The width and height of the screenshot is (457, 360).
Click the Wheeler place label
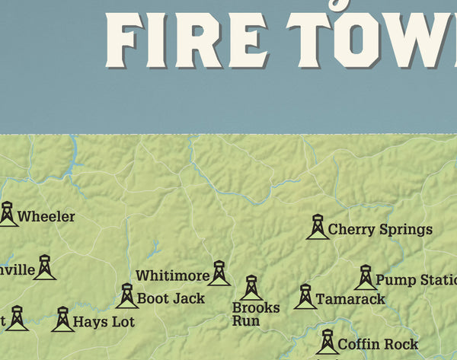(x=46, y=217)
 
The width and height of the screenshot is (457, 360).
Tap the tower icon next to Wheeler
(x=8, y=214)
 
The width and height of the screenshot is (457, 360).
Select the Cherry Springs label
(x=380, y=229)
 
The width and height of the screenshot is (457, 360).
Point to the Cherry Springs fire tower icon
(x=317, y=227)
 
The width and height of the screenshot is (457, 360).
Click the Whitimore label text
(x=172, y=276)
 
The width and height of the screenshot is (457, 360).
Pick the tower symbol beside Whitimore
(x=219, y=273)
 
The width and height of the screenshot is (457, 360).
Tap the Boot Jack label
(x=171, y=298)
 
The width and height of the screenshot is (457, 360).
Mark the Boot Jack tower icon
(x=126, y=296)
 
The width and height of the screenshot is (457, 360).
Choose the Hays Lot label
(x=104, y=322)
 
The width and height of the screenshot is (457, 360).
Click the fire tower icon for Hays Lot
(x=62, y=319)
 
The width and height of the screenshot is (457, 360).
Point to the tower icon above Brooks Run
(x=251, y=288)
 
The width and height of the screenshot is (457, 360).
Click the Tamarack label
(x=350, y=299)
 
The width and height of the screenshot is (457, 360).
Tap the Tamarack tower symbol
(x=305, y=297)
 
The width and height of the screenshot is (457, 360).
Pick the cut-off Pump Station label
(x=415, y=280)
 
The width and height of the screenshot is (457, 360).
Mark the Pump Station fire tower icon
(x=366, y=278)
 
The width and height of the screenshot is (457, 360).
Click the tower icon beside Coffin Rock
(x=328, y=342)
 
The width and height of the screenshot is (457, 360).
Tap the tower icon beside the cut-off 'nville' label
(x=44, y=267)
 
